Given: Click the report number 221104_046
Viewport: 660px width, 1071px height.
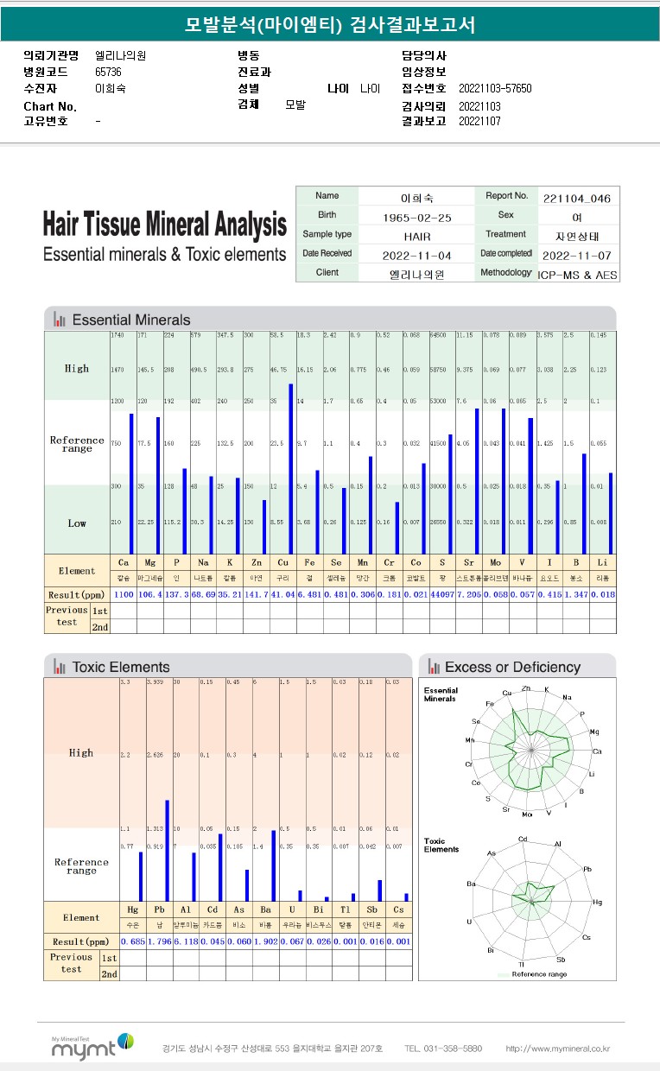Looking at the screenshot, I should click(577, 198).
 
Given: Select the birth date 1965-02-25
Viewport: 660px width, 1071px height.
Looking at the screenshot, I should click(418, 217).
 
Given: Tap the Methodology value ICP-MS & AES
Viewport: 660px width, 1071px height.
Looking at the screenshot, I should click(577, 274).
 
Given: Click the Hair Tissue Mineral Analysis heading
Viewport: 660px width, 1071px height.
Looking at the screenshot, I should click(164, 225).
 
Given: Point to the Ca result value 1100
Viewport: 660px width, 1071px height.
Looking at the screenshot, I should click(124, 595).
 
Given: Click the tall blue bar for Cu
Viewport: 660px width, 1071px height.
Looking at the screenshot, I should click(291, 468).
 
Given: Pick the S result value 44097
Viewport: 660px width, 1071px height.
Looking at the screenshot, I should click(445, 595).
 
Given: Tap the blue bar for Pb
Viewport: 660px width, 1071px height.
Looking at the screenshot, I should click(167, 851).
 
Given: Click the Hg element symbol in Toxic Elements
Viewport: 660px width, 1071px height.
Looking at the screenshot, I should click(133, 910).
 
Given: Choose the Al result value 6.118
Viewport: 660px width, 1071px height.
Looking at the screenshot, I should click(187, 941).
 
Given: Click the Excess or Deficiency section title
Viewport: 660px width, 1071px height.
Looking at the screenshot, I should click(511, 667).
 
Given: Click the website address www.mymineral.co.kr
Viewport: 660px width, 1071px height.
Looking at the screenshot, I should click(558, 1049).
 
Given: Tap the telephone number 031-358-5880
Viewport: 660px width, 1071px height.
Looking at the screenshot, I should click(442, 1049).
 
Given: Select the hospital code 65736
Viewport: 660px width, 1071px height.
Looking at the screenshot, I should click(108, 72).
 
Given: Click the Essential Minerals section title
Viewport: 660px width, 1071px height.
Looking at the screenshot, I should click(130, 320).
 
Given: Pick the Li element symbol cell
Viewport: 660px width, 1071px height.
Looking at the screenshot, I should click(604, 561).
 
